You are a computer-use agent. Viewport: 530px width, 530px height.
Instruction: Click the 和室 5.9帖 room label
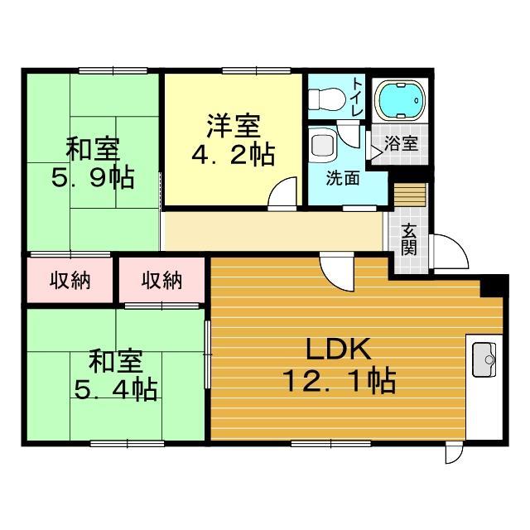pyautogui.click(x=93, y=164)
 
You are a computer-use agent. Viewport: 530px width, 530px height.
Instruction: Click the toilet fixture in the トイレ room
pyautogui.click(x=325, y=99)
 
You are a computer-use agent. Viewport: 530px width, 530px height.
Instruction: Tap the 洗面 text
pyautogui.click(x=341, y=177)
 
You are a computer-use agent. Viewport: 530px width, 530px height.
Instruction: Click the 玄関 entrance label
pyautogui.click(x=409, y=238)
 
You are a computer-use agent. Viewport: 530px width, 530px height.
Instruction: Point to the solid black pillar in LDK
pyautogui.click(x=494, y=286)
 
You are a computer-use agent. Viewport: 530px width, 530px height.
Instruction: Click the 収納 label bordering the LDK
pyautogui.click(x=161, y=281)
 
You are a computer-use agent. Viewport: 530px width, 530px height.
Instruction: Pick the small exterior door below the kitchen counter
pyautogui.click(x=453, y=452)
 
